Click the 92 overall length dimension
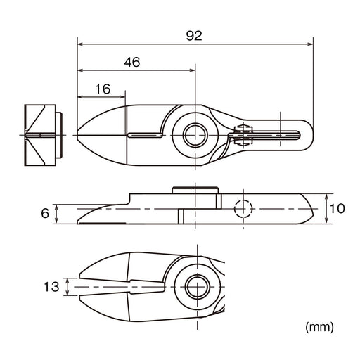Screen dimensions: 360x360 coord(194,36)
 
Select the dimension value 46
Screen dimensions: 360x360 coord(132,63)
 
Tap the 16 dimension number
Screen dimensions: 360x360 coord(103,89)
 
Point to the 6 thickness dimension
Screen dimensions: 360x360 coord(45,214)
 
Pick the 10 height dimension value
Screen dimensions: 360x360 coord(337,209)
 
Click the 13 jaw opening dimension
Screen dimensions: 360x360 coord(51,287)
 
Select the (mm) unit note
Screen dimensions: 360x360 coord(319,327)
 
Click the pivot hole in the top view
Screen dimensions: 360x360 coord(195,135)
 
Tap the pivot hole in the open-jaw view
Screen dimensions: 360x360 coord(198,287)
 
